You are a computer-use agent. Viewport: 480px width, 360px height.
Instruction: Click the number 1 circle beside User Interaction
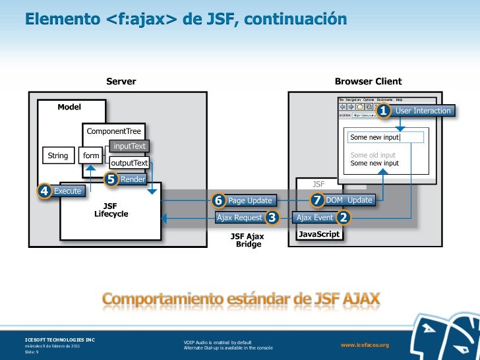click(383, 111)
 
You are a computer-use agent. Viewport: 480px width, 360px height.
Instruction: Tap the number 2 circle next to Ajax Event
click(343, 218)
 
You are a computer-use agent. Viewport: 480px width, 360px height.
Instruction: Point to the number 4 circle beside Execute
click(44, 191)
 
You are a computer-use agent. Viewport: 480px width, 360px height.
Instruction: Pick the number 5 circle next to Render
click(111, 179)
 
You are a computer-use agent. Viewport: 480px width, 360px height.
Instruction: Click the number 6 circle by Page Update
click(218, 200)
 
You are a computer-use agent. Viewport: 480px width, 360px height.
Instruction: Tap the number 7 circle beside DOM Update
click(317, 200)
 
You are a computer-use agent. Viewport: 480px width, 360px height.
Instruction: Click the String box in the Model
click(58, 156)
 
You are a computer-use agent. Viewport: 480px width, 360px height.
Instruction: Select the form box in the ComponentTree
click(91, 156)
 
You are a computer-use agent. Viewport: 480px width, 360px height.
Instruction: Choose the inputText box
click(129, 146)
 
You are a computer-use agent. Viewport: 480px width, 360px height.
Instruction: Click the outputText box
click(129, 163)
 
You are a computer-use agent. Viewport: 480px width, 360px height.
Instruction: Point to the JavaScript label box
click(319, 234)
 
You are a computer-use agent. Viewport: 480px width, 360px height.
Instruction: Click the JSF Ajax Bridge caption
click(248, 240)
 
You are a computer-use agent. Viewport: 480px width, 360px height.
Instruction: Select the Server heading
click(121, 82)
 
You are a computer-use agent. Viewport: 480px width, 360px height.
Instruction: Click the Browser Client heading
click(368, 82)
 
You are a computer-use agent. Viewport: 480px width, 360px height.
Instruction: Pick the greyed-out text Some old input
click(373, 155)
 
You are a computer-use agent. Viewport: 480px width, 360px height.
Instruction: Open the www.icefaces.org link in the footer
click(365, 345)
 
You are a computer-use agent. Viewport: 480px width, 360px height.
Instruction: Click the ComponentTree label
click(114, 131)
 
